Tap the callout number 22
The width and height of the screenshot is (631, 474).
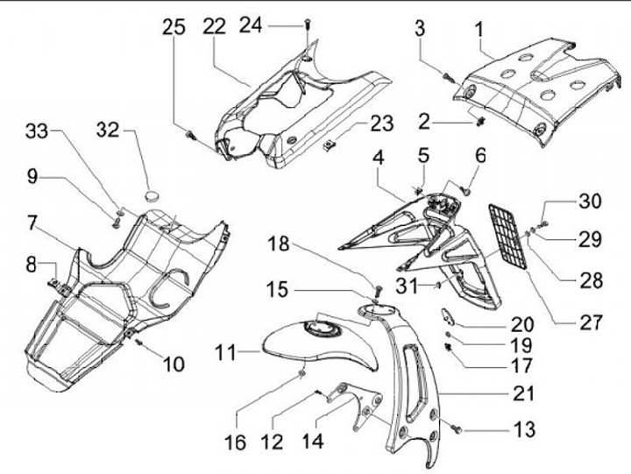pyautogui.click(x=215, y=27)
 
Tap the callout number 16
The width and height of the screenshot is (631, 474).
pyautogui.click(x=235, y=444)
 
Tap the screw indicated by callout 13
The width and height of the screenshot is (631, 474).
pyautogui.click(x=457, y=430)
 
